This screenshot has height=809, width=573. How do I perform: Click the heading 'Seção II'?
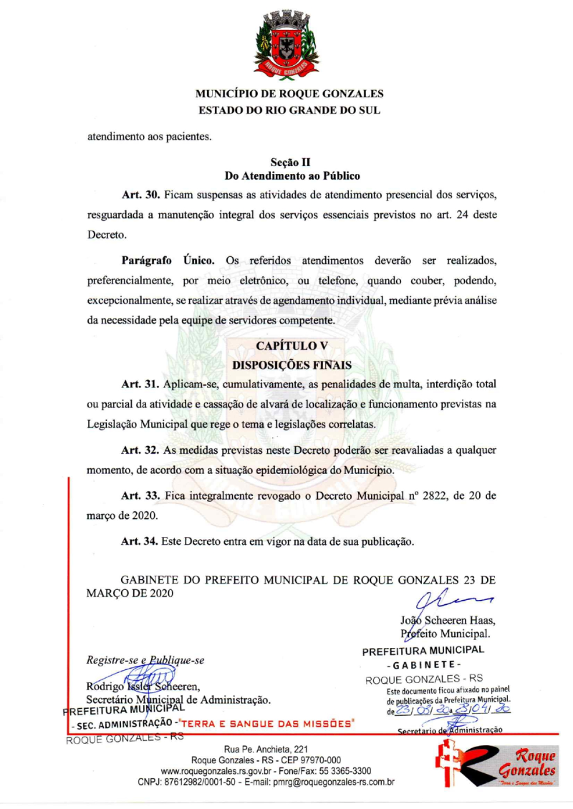pos(290,163)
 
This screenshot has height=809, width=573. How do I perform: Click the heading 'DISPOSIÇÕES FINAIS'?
pos(292,365)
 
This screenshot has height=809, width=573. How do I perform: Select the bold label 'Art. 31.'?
pos(140,385)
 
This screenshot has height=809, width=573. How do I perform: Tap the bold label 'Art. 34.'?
pos(140,541)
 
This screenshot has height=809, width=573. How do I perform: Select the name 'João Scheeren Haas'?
pos(448,620)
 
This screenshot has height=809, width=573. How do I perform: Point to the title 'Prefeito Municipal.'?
pos(446,634)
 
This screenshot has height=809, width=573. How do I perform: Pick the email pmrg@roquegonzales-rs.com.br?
pos(330,782)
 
